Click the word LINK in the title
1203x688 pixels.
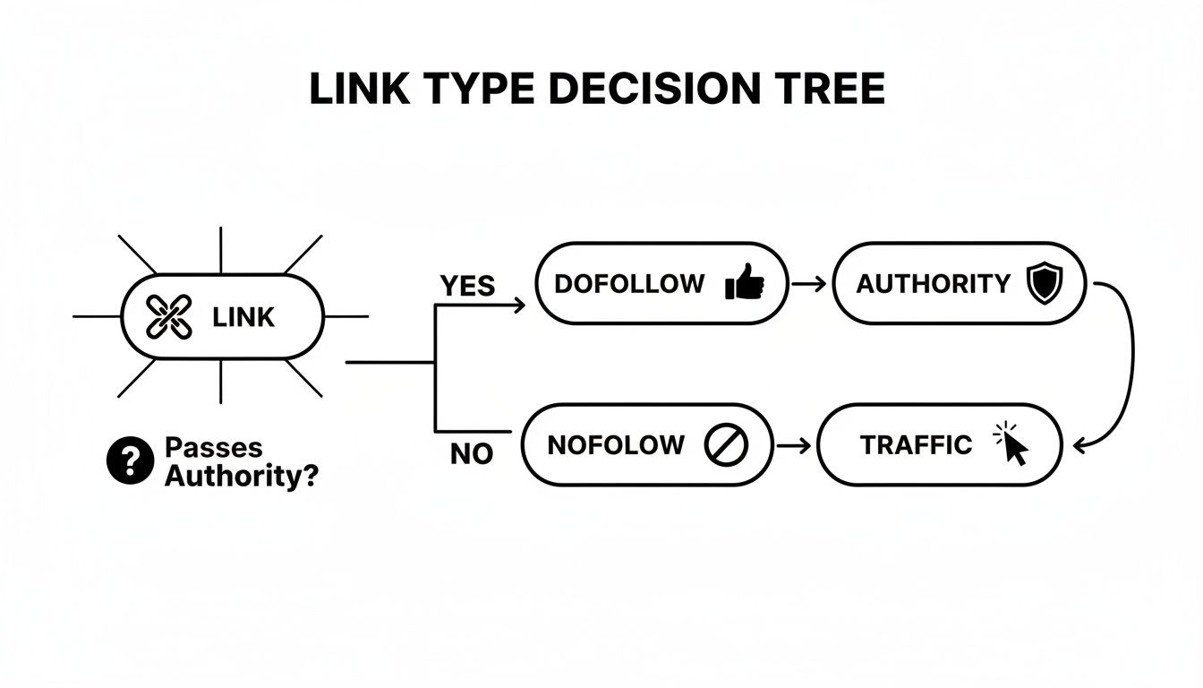point(354,90)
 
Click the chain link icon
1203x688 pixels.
point(168,317)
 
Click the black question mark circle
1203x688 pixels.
point(130,462)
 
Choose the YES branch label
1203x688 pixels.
point(467,286)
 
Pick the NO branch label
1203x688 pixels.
point(472,454)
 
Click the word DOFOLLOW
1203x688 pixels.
point(629,284)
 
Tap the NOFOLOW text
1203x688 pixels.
point(615,445)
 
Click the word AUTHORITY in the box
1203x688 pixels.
point(933,284)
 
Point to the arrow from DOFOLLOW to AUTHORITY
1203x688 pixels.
point(809,284)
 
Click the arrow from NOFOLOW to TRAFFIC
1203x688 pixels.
point(794,445)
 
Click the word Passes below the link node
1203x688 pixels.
point(214,448)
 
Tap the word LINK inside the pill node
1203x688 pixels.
point(243,317)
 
